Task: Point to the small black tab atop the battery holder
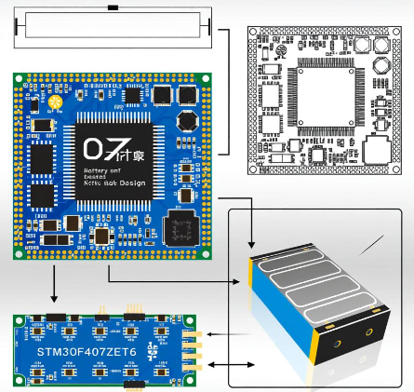click(x=113, y=7)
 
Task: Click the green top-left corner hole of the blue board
click(x=18, y=79)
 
